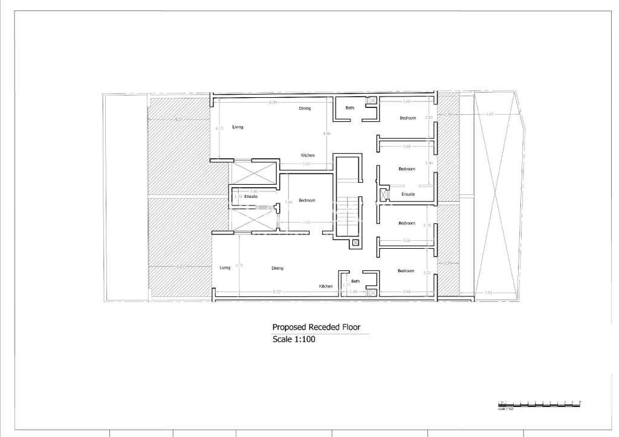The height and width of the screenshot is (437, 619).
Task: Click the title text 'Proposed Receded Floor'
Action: pyautogui.click(x=316, y=327)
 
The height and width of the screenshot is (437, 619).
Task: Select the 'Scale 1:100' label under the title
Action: pyautogui.click(x=294, y=339)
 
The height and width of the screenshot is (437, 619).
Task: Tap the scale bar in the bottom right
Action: pyautogui.click(x=539, y=403)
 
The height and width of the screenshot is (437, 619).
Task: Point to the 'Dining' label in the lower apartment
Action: pyautogui.click(x=277, y=268)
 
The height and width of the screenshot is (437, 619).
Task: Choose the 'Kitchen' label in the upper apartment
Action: pyautogui.click(x=308, y=155)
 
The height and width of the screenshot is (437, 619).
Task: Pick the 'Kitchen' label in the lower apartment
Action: pyautogui.click(x=326, y=286)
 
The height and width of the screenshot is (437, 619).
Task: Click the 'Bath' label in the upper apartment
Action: pyautogui.click(x=349, y=108)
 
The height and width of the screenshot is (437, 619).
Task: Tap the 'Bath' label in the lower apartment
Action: pyautogui.click(x=355, y=281)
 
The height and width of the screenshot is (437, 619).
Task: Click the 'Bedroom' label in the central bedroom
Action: pyautogui.click(x=307, y=200)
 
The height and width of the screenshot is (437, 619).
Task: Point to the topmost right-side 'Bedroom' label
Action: pyautogui.click(x=407, y=118)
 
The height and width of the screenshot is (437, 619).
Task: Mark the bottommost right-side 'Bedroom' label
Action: pyautogui.click(x=406, y=271)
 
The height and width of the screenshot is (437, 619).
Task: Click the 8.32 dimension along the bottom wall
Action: pyautogui.click(x=277, y=292)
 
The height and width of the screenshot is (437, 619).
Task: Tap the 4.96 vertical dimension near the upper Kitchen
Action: pyautogui.click(x=326, y=133)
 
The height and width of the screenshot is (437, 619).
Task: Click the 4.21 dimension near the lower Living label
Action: pyautogui.click(x=239, y=266)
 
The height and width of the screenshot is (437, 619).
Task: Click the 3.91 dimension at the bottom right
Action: pyautogui.click(x=488, y=293)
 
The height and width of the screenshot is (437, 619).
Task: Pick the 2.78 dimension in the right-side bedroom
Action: pyautogui.click(x=427, y=225)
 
